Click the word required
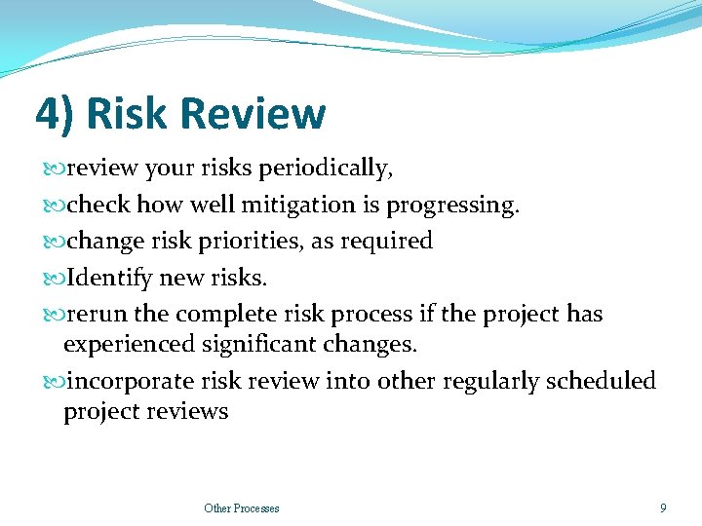tap(385, 241)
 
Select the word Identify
tap(104, 278)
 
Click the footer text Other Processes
tap(241, 507)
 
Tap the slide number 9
tap(663, 507)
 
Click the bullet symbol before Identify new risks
tap(54, 279)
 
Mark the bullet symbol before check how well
tap(54, 206)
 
